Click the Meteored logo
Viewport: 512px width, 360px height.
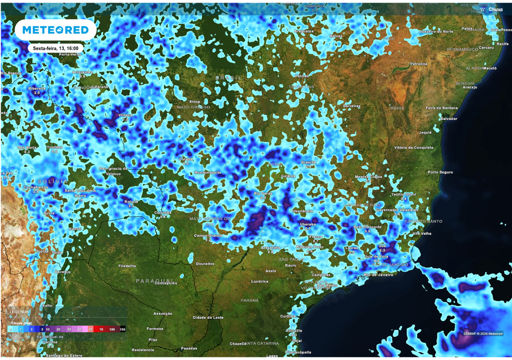click(55, 30)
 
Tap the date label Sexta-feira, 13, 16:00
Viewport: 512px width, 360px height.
click(55, 48)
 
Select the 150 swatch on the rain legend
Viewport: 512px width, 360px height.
click(122, 329)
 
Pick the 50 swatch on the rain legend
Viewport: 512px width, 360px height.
click(90, 329)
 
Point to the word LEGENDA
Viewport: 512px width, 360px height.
click(19, 311)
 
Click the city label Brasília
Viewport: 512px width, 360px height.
click(308, 162)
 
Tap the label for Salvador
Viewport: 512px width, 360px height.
click(448, 118)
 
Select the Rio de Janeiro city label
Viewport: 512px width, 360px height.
click(377, 274)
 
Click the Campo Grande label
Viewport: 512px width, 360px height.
click(207, 235)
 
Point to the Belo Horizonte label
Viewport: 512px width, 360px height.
click(367, 226)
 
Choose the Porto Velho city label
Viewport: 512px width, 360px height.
click(70, 54)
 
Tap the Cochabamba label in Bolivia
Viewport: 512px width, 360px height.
click(36, 187)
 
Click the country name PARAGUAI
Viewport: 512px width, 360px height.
click(154, 280)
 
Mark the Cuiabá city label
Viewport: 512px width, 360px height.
click(186, 159)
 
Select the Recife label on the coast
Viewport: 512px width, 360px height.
click(502, 44)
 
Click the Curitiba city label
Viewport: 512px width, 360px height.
click(288, 316)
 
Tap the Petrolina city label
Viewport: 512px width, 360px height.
click(418, 64)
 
